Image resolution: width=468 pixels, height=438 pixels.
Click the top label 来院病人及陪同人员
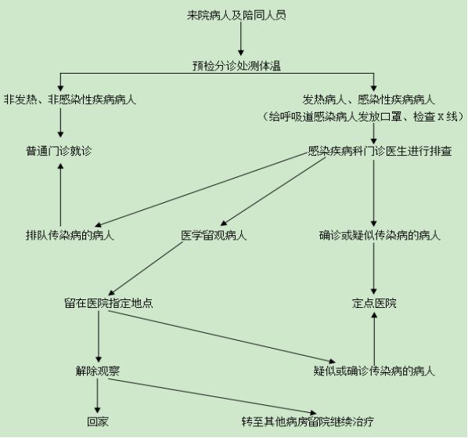236,15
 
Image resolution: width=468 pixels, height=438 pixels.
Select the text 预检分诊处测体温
236,66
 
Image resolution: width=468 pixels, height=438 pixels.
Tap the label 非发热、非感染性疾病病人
70,100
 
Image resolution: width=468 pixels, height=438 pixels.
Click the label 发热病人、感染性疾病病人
369,100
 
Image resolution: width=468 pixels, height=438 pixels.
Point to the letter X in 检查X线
440,117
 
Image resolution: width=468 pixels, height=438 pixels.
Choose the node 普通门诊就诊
59,151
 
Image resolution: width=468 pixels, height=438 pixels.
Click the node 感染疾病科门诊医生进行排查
380,151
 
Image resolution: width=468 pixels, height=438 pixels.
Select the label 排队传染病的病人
70,235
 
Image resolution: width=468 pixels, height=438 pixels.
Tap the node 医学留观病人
214,235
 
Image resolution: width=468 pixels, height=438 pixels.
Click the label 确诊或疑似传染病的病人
380,235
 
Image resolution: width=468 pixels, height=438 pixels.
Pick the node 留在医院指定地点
109,303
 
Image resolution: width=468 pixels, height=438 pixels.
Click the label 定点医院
374,303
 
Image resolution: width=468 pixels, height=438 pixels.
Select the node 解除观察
98,371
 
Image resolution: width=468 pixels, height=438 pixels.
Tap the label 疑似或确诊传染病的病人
374,371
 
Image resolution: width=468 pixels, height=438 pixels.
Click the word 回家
98,422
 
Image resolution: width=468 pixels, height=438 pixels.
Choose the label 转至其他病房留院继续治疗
308,422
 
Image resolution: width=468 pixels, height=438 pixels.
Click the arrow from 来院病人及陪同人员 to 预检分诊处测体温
240,38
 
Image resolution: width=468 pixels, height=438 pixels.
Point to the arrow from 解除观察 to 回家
97,396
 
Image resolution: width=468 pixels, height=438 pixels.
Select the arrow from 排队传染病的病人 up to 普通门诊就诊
60,194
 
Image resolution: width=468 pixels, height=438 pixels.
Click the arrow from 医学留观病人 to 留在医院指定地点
145,269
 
